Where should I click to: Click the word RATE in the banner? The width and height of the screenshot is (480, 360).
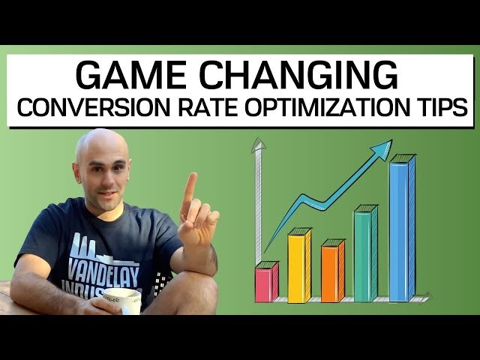coord(197,109)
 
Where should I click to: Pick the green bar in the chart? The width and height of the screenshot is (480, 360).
coord(364,255)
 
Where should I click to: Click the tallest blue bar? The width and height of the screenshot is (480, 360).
coord(400,229)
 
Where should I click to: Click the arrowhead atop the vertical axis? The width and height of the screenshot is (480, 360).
coord(259,144)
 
